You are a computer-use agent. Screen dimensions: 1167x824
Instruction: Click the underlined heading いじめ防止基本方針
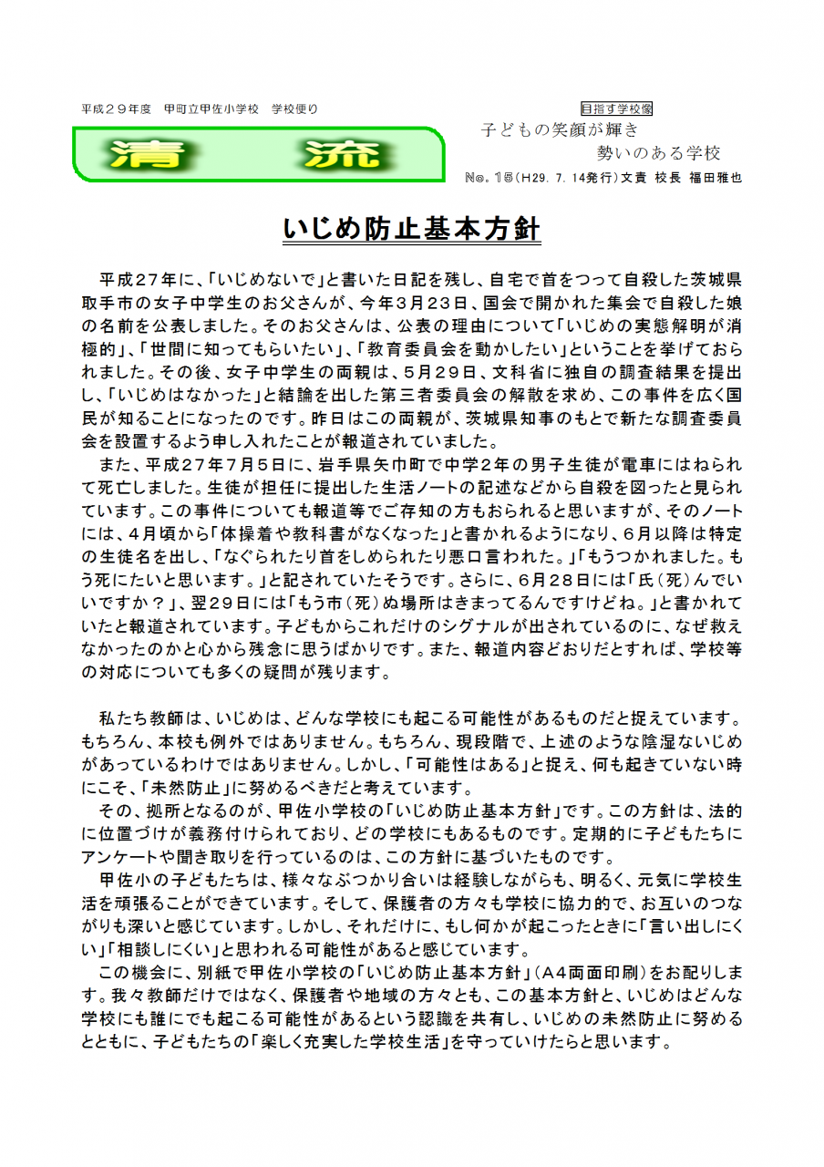412,231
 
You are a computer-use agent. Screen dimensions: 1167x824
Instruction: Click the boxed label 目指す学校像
616,108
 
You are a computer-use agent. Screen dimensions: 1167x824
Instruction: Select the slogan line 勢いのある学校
658,152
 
